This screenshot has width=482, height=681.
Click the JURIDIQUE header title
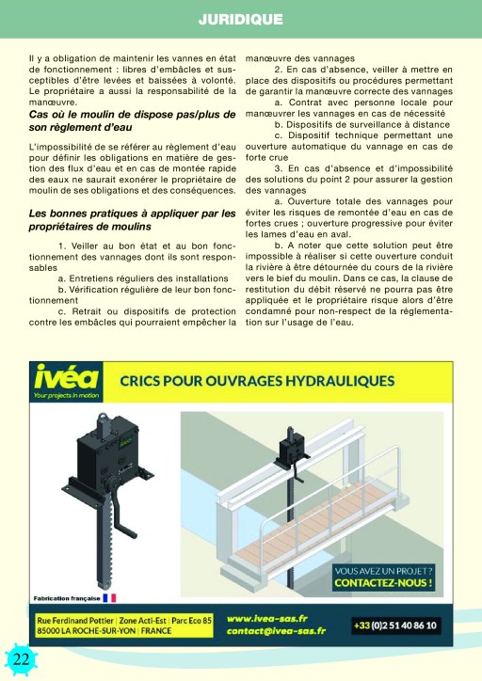click(x=241, y=19)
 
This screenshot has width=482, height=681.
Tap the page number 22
click(x=21, y=659)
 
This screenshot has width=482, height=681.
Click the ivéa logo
click(x=67, y=376)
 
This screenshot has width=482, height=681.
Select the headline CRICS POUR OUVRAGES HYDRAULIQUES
click(x=257, y=381)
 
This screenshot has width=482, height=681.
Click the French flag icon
click(x=109, y=598)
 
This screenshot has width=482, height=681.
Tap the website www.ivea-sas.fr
click(x=266, y=619)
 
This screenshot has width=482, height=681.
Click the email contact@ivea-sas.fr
click(x=276, y=631)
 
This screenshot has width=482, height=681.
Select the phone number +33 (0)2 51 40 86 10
click(x=395, y=626)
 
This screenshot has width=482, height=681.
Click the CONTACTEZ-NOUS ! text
click(x=383, y=583)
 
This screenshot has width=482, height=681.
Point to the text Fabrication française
click(x=67, y=598)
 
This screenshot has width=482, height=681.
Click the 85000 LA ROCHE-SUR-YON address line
click(x=104, y=630)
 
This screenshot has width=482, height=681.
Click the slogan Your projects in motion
click(x=67, y=395)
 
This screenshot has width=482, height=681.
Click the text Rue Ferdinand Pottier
click(x=75, y=620)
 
